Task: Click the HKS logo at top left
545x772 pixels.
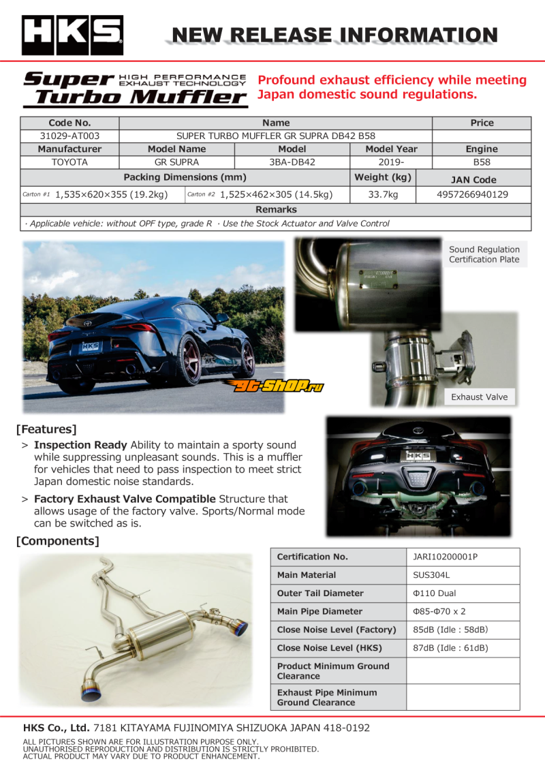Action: [x=72, y=34]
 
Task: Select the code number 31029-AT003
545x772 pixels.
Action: [x=69, y=136]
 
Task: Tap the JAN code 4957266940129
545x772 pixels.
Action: [x=473, y=194]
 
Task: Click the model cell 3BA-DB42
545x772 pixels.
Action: [x=292, y=162]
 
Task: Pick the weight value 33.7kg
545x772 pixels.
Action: [x=383, y=194]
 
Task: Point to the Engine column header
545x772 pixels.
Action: [x=482, y=149]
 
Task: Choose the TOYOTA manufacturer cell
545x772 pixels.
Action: [x=69, y=162]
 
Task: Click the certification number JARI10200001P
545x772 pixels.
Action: [x=446, y=557]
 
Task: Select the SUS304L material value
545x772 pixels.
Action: [x=431, y=575]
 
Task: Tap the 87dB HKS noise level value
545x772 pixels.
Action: [x=450, y=648]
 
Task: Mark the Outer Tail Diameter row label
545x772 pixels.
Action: [x=320, y=593]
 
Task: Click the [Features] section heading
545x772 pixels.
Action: [x=46, y=429]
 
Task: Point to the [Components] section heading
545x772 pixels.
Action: [x=58, y=541]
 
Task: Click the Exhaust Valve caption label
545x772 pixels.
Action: [x=479, y=397]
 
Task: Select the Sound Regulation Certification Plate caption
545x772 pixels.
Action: [x=484, y=254]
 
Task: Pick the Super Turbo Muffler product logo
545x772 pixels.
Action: [x=135, y=89]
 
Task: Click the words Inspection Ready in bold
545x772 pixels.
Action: [x=80, y=445]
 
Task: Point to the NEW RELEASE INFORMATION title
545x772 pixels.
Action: [x=334, y=35]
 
